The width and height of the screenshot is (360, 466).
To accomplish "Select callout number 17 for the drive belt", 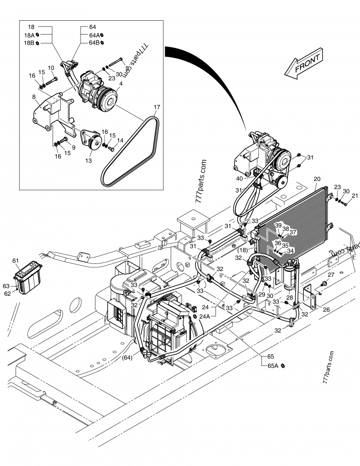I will (157, 107).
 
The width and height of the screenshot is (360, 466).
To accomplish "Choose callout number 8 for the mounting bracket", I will (34, 96).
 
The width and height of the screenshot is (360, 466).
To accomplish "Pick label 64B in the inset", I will (94, 43).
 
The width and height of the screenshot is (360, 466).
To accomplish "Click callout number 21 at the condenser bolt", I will (355, 195).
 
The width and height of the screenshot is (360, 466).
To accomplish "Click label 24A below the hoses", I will (205, 316).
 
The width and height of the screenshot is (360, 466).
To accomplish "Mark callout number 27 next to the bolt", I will (331, 275).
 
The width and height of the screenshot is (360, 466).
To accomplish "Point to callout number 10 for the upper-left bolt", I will (51, 68).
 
